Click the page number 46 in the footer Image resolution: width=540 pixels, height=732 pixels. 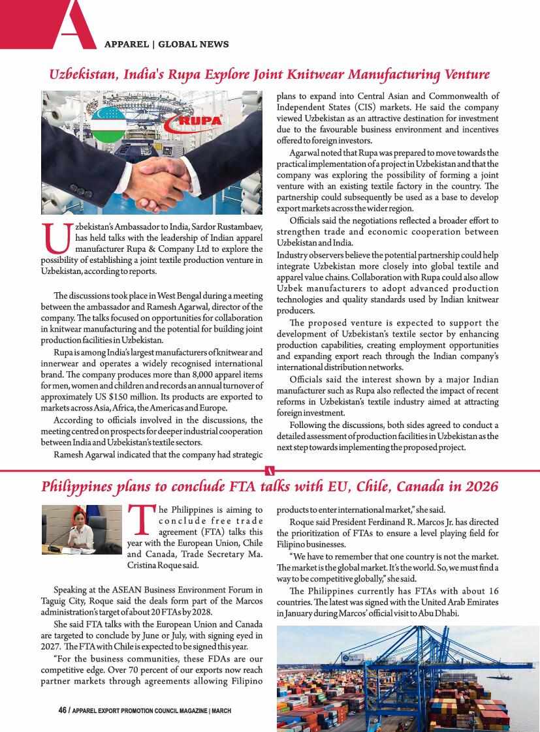coord(62,710)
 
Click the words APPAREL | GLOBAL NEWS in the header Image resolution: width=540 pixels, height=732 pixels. coord(167,44)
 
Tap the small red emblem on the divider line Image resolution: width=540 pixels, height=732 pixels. coord(270,470)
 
